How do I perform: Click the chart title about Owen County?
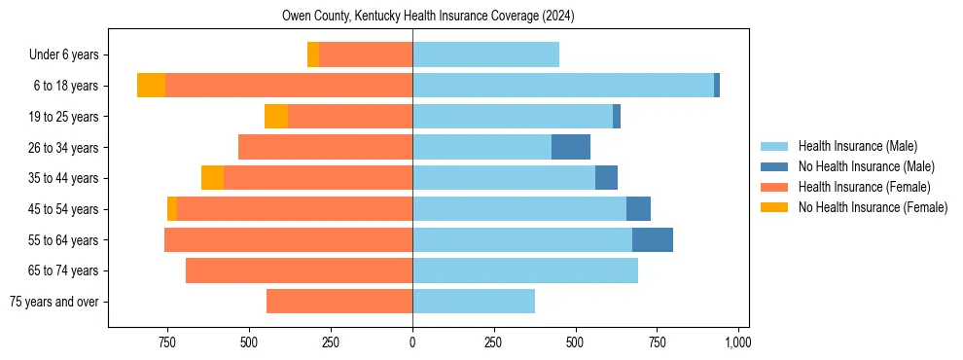[x=429, y=16]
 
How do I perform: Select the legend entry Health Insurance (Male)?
[x=857, y=146]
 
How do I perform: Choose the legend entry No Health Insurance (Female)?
[x=873, y=207]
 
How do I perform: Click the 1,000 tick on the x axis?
[x=737, y=342]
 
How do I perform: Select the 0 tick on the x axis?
[x=412, y=342]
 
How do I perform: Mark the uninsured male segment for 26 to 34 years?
[x=571, y=147]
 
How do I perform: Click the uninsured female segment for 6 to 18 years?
[x=151, y=86]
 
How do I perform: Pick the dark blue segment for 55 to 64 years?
[x=653, y=239]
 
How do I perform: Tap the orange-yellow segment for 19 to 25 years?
[x=276, y=117]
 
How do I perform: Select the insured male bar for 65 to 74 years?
[x=525, y=270]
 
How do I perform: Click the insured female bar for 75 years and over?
[x=339, y=302]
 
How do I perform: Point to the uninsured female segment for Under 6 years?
[x=313, y=54]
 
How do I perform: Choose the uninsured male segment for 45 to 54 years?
[x=638, y=209]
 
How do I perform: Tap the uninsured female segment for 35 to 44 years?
[x=212, y=178]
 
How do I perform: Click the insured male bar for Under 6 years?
[x=485, y=54]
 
